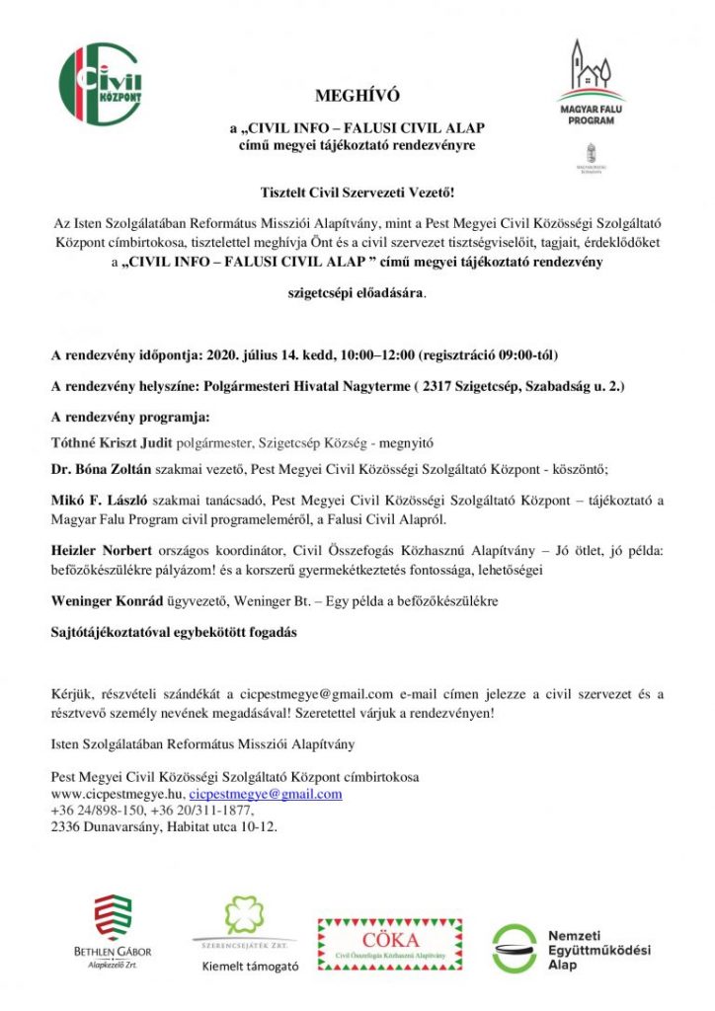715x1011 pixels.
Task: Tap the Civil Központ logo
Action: pyautogui.click(x=100, y=83)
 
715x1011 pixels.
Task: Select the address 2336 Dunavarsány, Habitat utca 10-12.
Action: pyautogui.click(x=165, y=827)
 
